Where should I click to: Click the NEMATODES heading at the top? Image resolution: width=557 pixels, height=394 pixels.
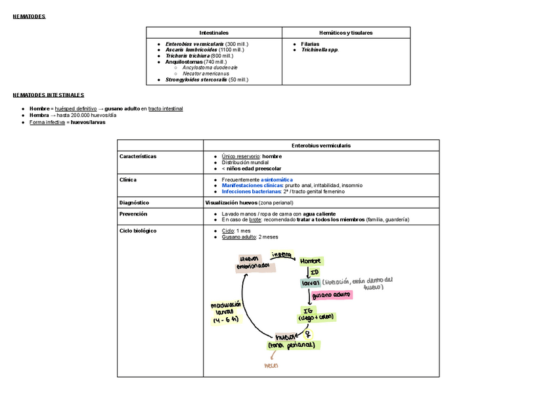[x=29, y=16]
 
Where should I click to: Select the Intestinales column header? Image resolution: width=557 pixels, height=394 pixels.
[x=213, y=33]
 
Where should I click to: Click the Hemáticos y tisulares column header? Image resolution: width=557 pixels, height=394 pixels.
[x=345, y=33]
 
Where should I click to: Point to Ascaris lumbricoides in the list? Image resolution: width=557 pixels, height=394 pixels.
[x=204, y=50]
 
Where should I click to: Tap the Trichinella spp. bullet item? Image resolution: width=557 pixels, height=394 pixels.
[x=320, y=50]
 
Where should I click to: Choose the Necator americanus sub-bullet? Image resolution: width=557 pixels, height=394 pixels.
[x=210, y=74]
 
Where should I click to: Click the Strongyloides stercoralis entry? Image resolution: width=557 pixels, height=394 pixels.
[x=206, y=79]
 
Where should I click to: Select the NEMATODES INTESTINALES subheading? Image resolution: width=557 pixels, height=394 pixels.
[x=49, y=95]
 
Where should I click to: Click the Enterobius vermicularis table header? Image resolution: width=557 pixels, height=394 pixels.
[x=321, y=145]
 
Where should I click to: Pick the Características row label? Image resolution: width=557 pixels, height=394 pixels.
[x=138, y=156]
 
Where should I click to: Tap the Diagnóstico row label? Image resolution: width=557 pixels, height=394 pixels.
[x=134, y=203]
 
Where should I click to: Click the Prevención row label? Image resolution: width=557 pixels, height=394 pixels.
[x=133, y=214]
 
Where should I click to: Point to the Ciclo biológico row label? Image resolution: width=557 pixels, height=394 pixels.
[x=138, y=231]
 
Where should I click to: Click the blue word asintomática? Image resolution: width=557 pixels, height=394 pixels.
[x=277, y=179]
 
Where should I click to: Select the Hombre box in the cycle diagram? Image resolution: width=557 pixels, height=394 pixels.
[x=311, y=261]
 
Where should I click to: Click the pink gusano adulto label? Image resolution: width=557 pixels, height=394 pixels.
[x=332, y=295]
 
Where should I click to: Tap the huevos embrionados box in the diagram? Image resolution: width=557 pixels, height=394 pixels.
[x=252, y=263]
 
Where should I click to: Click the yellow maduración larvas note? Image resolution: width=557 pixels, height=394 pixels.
[x=226, y=313]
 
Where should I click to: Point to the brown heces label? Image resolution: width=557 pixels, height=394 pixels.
[x=271, y=365]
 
